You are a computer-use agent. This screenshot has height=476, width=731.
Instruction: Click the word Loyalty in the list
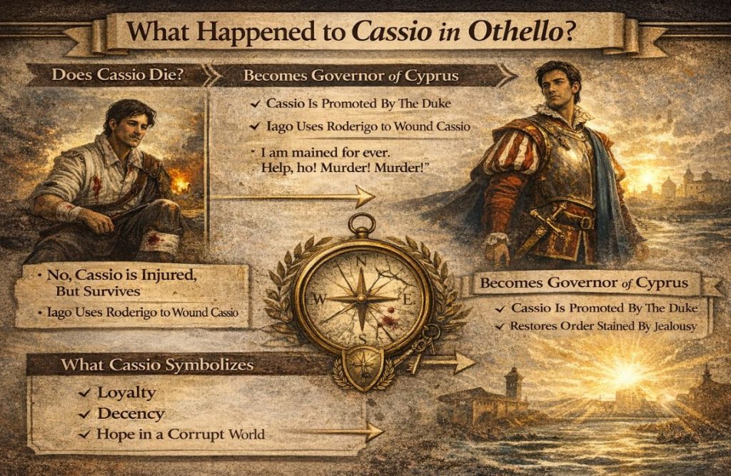[126, 393]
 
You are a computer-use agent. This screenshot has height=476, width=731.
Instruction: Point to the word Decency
[131, 413]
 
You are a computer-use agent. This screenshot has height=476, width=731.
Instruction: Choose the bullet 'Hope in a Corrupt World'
[181, 434]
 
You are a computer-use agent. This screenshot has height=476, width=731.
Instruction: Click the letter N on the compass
[361, 261]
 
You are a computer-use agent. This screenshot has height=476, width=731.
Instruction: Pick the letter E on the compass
[407, 300]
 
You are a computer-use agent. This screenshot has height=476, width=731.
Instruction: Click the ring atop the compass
[362, 224]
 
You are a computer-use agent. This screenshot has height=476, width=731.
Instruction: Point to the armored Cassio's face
[553, 83]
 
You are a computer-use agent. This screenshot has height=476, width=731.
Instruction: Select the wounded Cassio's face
[132, 127]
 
